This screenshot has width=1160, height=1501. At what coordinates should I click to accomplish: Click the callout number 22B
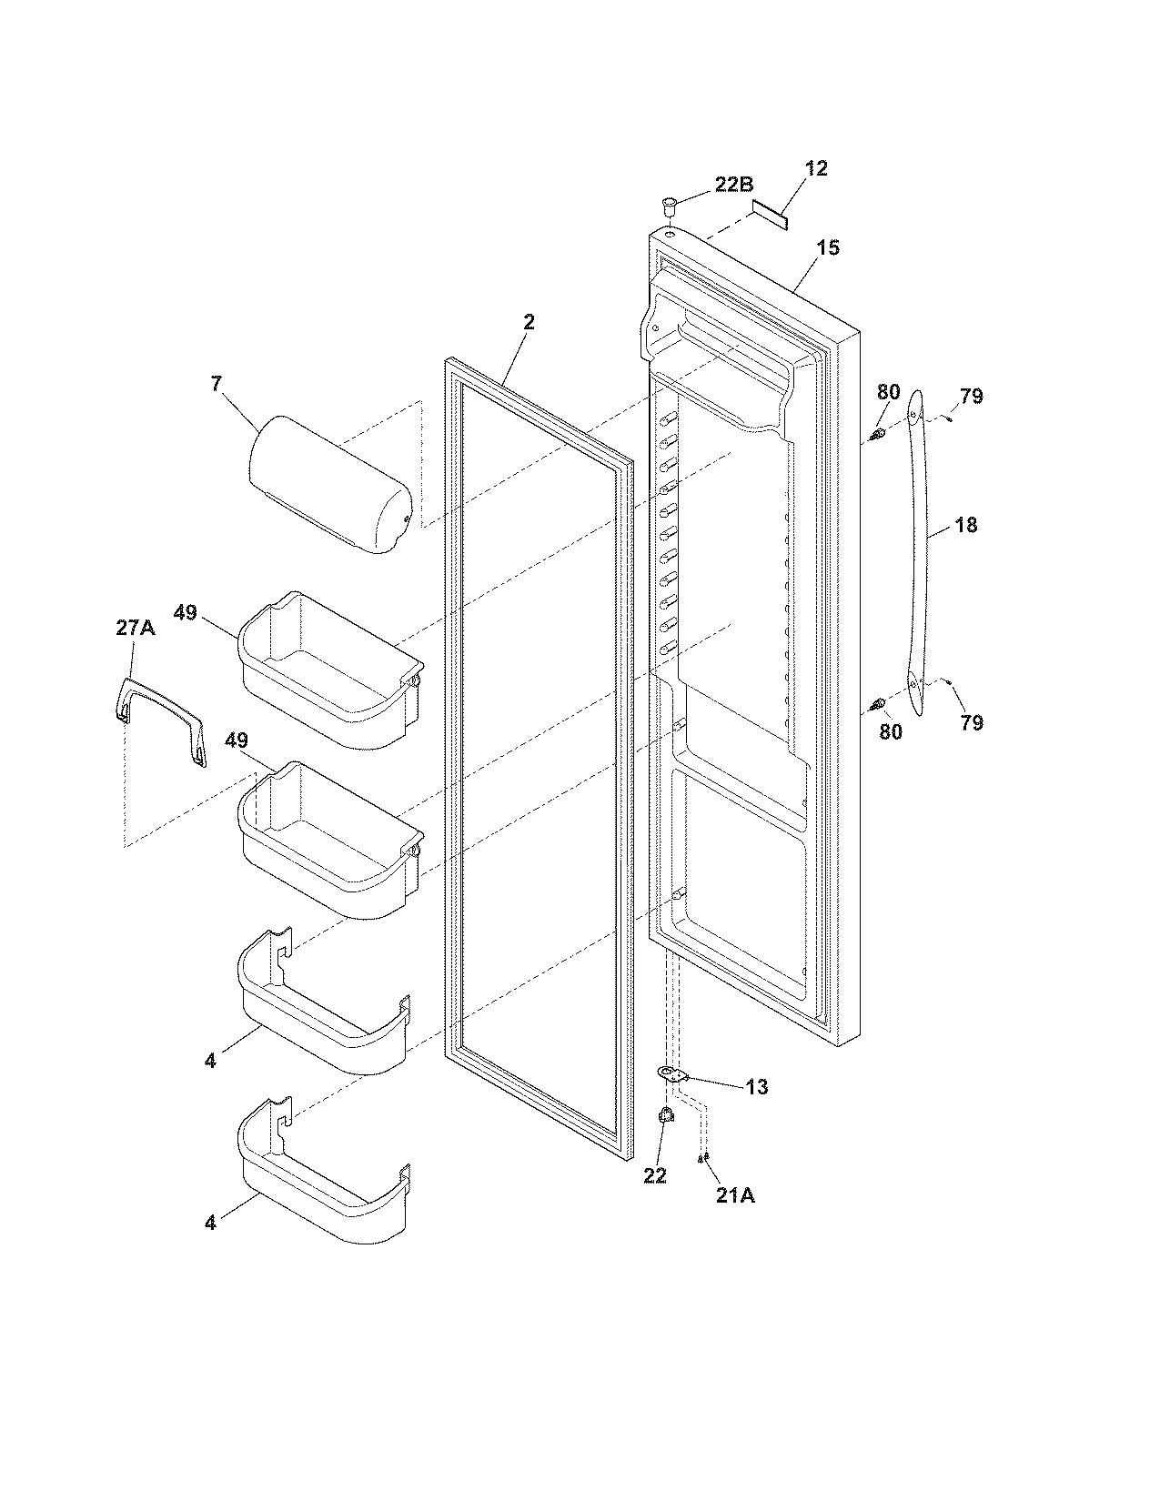733,185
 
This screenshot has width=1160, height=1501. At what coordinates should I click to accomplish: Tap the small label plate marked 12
769,216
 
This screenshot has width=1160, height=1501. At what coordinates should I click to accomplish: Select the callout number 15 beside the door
827,247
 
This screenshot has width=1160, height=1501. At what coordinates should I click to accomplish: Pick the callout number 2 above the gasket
529,322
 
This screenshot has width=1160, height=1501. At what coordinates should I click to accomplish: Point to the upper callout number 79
971,397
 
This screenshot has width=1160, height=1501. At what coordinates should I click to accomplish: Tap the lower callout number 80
890,730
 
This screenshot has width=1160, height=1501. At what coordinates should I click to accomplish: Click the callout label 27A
134,628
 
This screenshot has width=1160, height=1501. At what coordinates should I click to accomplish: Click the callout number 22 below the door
655,1175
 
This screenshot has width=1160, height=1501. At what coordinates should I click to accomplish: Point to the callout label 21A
734,1196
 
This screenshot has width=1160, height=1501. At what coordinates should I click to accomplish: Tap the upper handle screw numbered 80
878,436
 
